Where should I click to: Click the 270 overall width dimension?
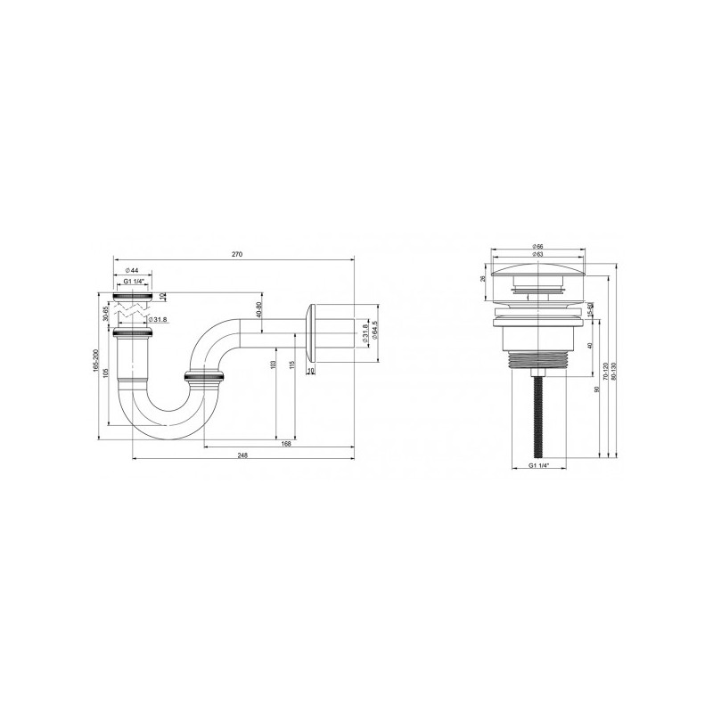[236, 254]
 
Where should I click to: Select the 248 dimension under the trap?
[242, 455]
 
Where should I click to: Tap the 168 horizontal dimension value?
[286, 442]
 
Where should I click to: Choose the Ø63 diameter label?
[538, 254]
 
